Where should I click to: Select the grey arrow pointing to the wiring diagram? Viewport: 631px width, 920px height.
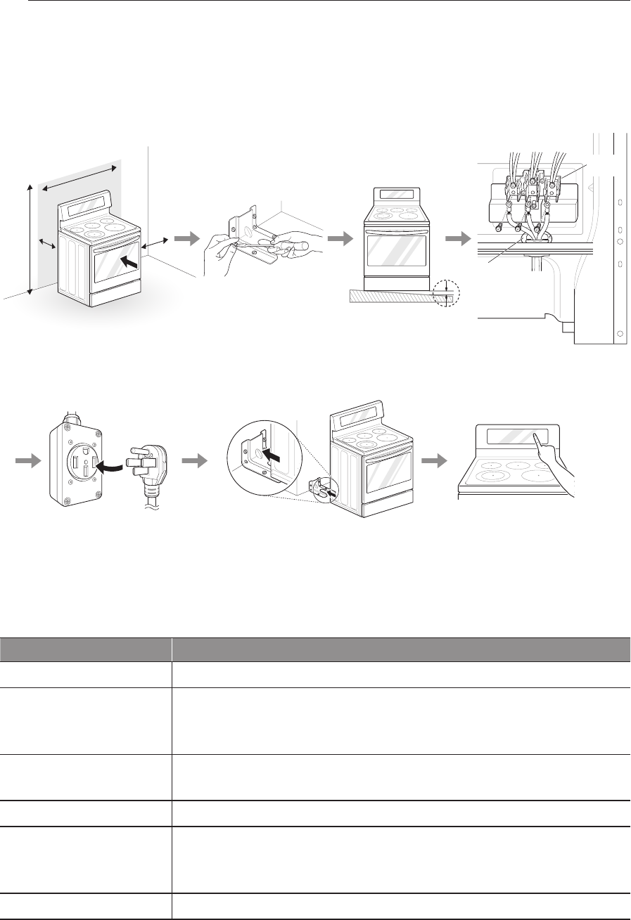(x=457, y=239)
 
